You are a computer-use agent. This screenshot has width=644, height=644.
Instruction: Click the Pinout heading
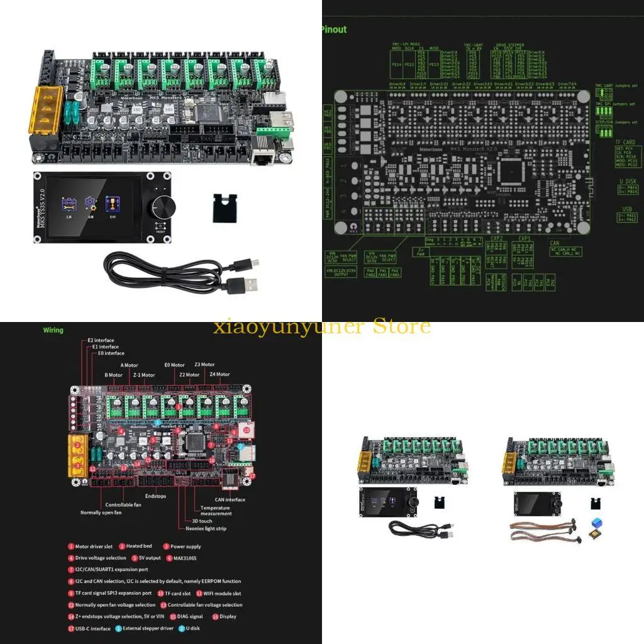coord(333,30)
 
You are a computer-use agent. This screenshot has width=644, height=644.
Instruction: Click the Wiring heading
coord(53,330)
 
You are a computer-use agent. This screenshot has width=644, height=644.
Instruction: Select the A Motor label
coord(129,365)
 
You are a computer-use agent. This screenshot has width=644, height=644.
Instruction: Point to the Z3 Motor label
coord(204,364)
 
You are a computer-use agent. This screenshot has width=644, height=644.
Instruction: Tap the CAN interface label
coord(230,500)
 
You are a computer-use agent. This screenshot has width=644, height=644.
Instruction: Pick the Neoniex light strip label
coord(206,528)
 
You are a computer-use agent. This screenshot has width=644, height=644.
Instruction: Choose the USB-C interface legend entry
coord(92,628)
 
